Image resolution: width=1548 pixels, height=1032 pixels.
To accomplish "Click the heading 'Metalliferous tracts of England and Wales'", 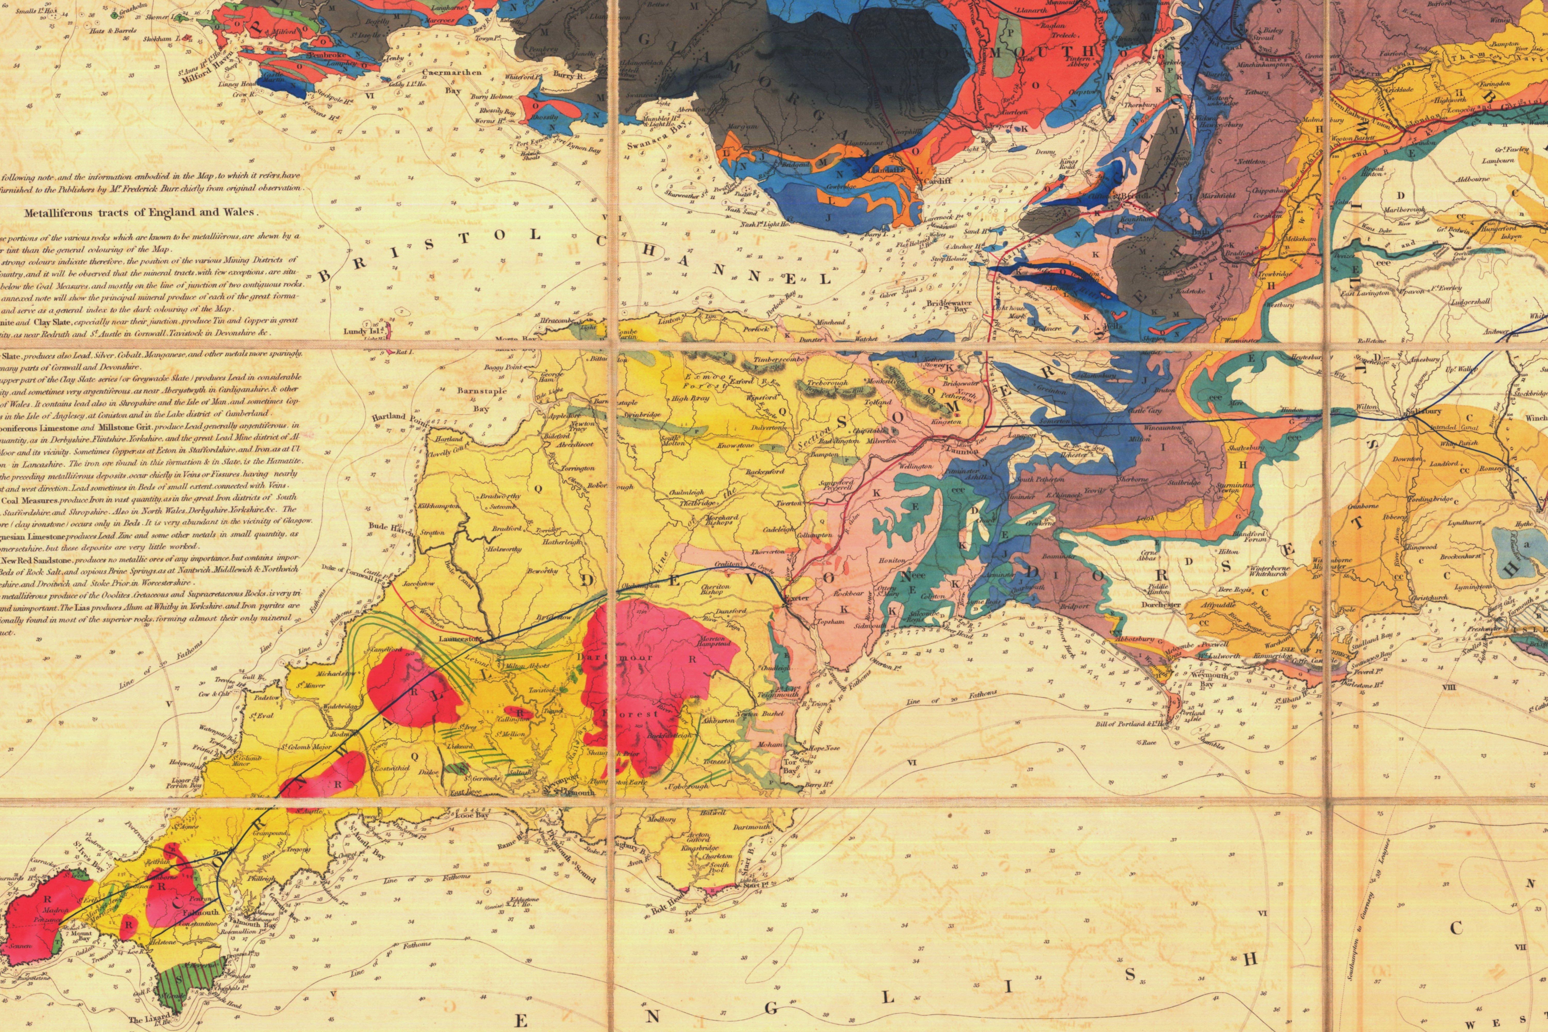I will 141,213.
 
